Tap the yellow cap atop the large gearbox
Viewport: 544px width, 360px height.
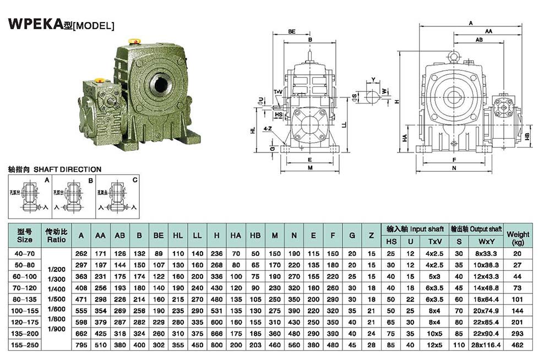133,41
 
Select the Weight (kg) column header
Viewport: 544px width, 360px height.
518,237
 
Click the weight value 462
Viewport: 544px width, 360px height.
518,345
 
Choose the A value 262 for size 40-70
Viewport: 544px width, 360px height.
81,253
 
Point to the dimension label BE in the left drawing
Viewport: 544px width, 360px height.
292,32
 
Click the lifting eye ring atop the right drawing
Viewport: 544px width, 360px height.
454,56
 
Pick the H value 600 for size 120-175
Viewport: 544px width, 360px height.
217,322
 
